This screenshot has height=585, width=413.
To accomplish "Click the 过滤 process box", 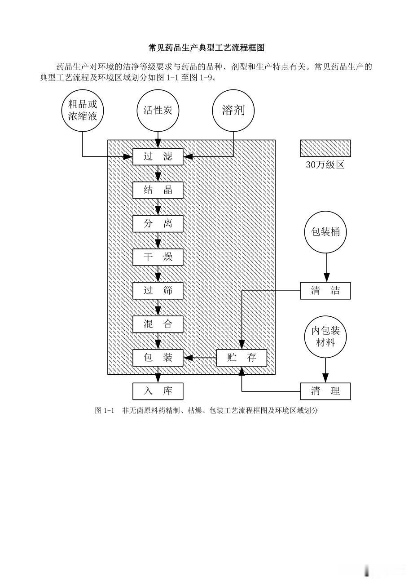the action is coord(158,157).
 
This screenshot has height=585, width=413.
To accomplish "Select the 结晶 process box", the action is coord(158,190).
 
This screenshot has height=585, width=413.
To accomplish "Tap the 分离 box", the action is coord(158,224).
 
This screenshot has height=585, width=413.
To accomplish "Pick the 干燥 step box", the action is coord(158,257).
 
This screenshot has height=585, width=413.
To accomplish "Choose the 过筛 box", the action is coord(158,291).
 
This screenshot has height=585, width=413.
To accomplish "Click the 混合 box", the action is coord(158,324).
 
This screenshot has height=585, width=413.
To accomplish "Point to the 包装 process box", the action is coord(158,358).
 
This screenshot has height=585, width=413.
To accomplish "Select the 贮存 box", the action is coord(242,358).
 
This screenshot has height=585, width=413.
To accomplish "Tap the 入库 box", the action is coord(158,391).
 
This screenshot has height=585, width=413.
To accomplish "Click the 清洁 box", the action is coord(325,291).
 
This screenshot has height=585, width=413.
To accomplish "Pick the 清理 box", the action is coord(325,391).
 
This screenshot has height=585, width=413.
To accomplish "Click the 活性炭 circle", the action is coord(158,111).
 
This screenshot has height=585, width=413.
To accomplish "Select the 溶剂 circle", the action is coord(233,111).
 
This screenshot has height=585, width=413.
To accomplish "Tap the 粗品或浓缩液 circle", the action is coord(83,111).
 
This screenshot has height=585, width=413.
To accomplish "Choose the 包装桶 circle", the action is coord(325,232).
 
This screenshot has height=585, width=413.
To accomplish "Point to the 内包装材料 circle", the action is coord(325,337).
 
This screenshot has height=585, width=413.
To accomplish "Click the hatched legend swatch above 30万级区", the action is coord(325,148).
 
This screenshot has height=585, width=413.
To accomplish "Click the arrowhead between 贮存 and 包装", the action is coord(188,358).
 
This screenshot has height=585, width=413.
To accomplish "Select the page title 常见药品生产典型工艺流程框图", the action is coord(206,48).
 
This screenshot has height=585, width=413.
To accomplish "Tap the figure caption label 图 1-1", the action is coord(105,411).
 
